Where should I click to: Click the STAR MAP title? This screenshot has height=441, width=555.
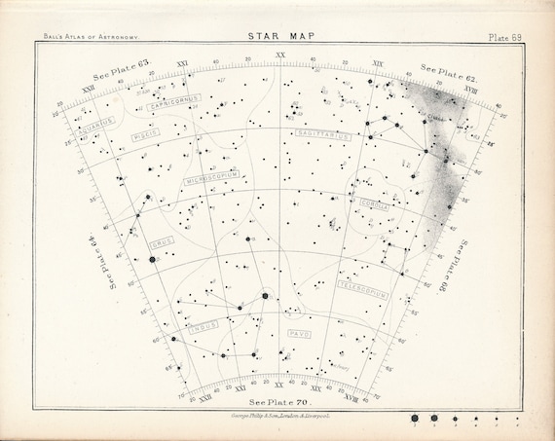point(277,39)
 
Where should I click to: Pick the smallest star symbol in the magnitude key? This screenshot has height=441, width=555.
point(517,416)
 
